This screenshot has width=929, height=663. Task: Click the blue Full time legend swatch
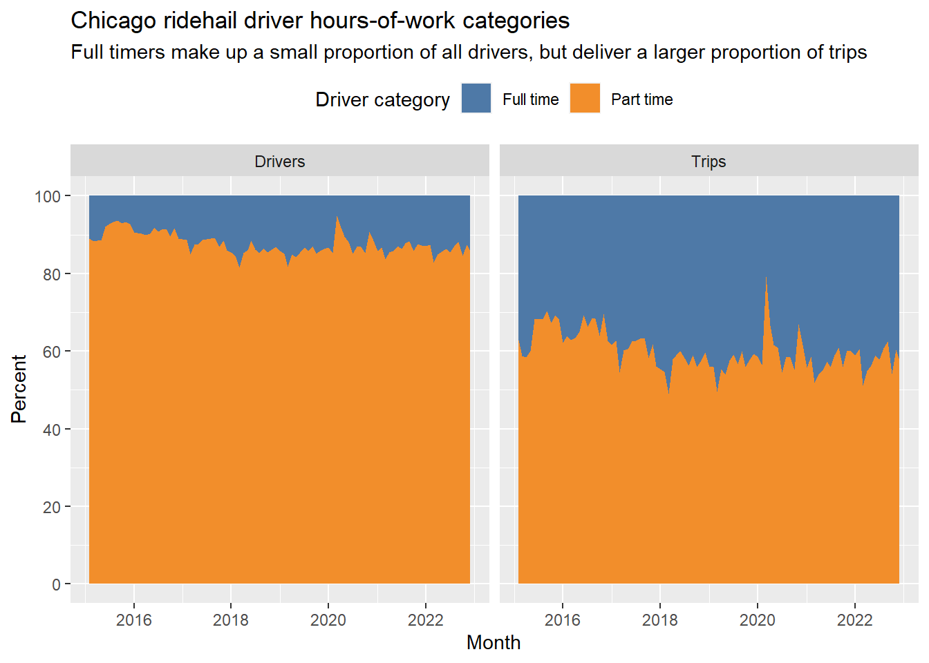476,98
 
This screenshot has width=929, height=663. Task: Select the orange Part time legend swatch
585,98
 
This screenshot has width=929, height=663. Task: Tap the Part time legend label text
641,100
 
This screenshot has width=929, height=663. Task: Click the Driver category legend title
382,100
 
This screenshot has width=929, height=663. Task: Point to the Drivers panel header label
279,162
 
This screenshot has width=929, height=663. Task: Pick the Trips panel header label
709,162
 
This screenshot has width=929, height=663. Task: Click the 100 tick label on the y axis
48,196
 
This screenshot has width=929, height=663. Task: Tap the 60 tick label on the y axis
52,352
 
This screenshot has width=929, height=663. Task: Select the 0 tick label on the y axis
57,584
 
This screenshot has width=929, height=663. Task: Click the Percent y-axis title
19,389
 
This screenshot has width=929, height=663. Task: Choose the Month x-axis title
493,643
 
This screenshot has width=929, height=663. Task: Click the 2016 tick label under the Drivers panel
134,620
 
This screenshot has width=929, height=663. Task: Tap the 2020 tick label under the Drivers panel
328,620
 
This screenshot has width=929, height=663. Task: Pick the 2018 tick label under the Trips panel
660,620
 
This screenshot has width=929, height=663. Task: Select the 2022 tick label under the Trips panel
855,620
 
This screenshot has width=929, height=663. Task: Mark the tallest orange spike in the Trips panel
766,277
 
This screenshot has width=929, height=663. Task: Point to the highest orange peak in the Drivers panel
337,217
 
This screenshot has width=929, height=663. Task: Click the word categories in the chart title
516,21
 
